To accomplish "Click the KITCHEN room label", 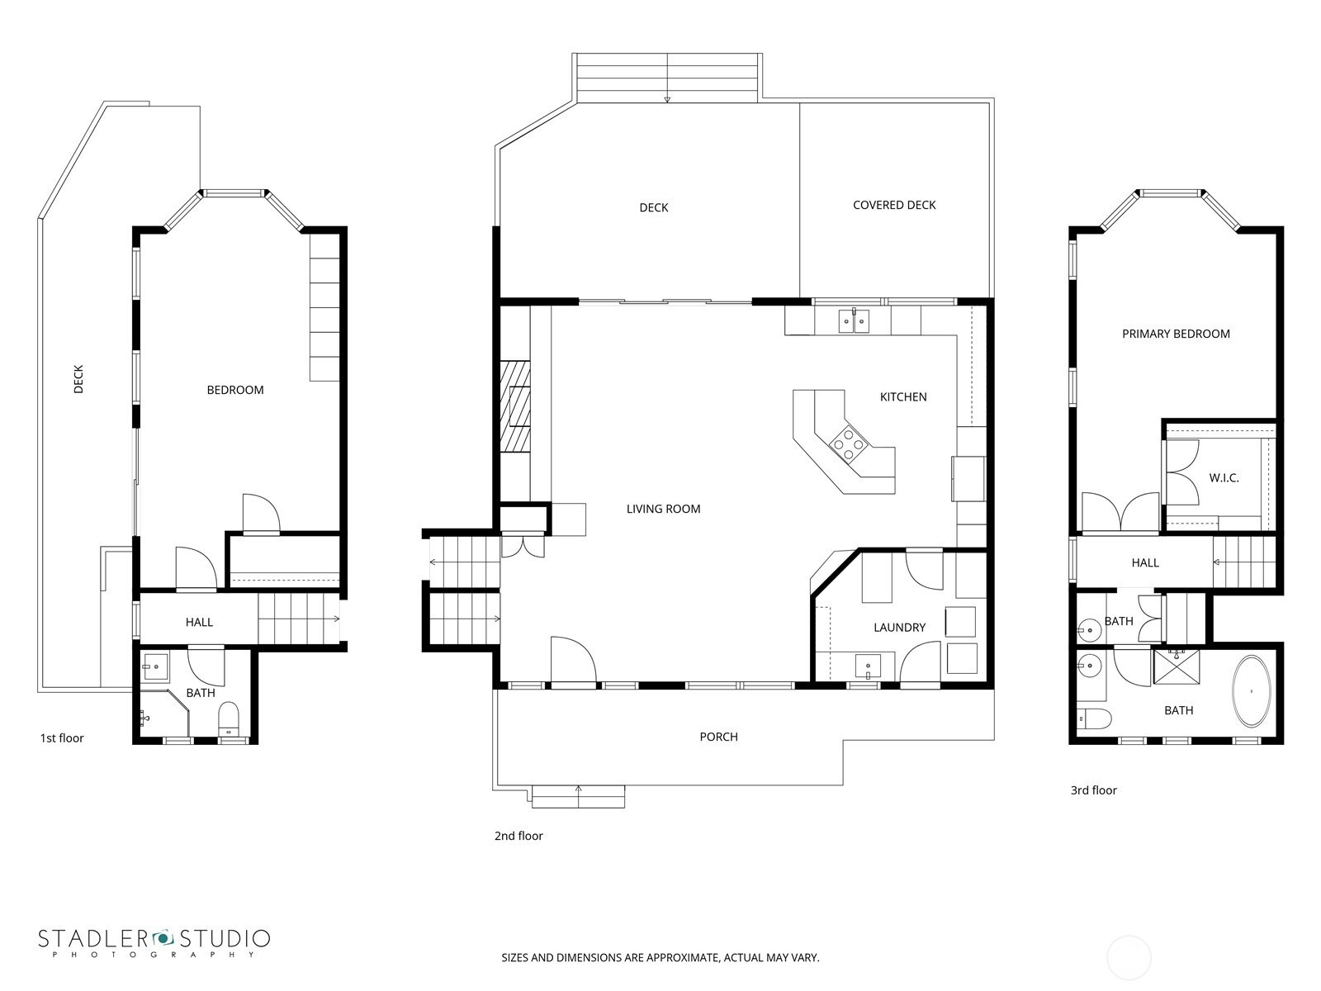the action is [x=902, y=397].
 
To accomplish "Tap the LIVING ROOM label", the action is [x=663, y=509].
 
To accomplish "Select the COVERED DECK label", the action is [x=893, y=205].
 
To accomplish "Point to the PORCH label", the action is [x=718, y=737].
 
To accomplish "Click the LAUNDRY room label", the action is [x=899, y=628].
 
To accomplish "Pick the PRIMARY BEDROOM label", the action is [x=1176, y=334].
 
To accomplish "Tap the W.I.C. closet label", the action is [x=1224, y=478].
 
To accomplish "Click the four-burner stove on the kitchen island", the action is [x=850, y=443].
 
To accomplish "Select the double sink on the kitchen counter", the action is [x=854, y=321].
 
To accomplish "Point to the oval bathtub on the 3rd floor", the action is [x=1252, y=691].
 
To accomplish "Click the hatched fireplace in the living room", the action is [x=516, y=405].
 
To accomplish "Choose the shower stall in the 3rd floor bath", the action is [x=1176, y=666].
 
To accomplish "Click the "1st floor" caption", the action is [x=62, y=738].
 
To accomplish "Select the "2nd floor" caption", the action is [x=518, y=836].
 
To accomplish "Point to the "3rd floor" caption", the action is [x=1093, y=790].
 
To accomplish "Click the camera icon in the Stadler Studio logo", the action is [x=163, y=938].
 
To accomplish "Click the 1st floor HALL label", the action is [x=199, y=623].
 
